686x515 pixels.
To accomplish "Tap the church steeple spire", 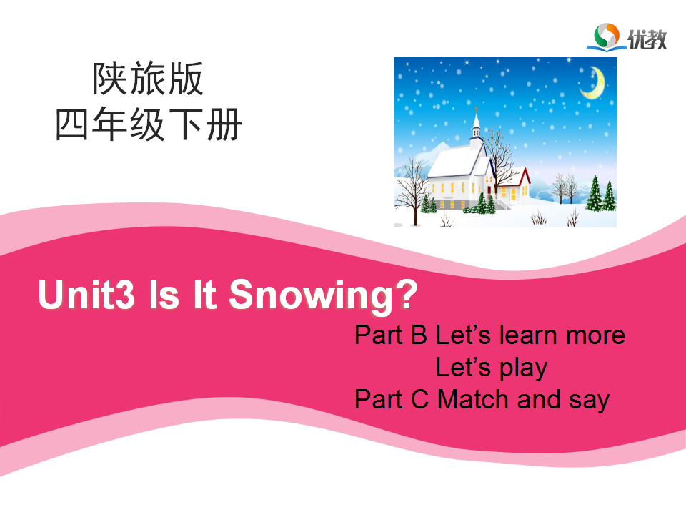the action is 476,119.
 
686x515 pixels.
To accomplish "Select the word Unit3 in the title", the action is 86,294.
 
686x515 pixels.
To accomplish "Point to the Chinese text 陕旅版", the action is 148,79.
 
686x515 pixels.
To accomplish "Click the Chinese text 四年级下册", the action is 149,124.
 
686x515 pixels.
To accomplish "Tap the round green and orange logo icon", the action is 607,35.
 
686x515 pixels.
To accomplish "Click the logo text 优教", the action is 647,39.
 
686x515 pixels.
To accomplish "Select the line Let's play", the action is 492,368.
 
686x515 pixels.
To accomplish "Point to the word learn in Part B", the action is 529,335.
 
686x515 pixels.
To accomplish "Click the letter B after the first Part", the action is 419,335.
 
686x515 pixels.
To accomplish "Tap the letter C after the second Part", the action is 420,399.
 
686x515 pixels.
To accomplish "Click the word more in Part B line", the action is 595,337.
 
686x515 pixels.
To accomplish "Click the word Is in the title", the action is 164,294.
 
